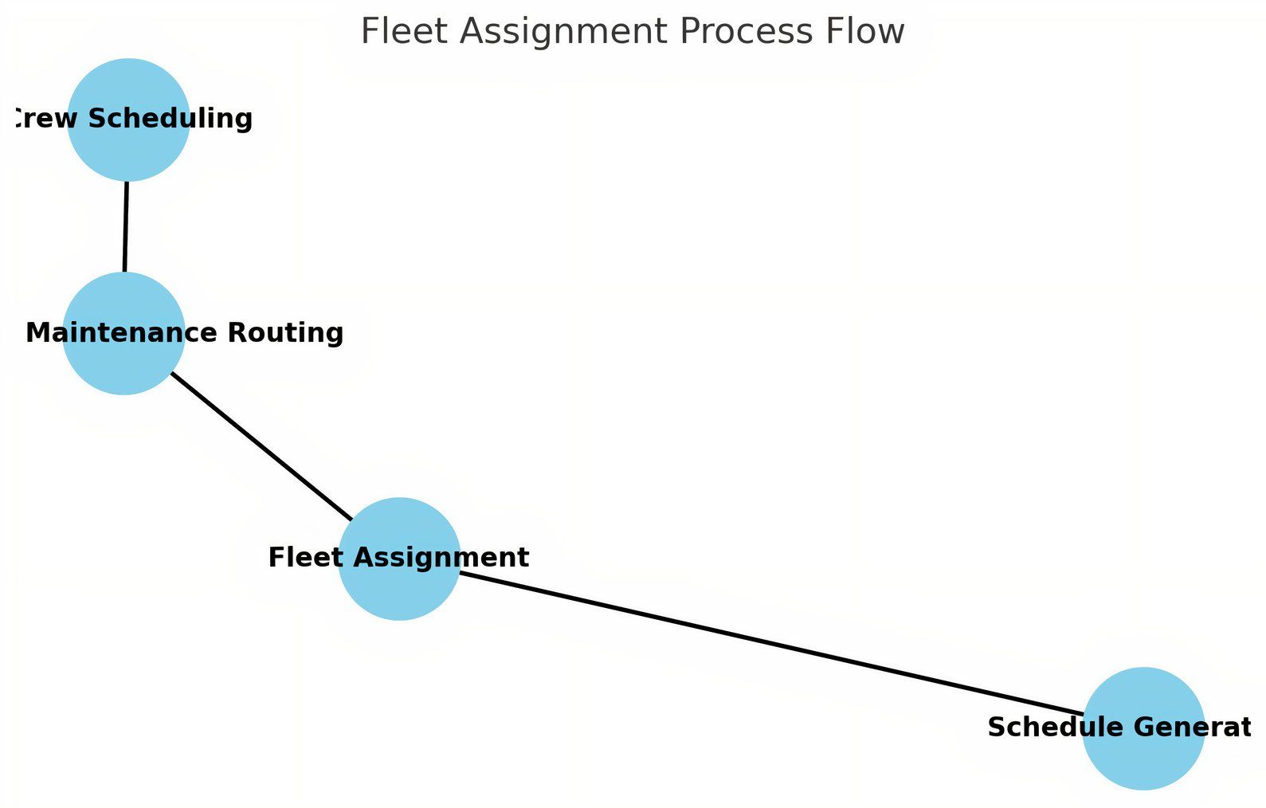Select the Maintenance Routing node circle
[123, 363]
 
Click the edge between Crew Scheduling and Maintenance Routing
[126, 227]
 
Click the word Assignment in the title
[564, 32]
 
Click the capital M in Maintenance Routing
[37, 332]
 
